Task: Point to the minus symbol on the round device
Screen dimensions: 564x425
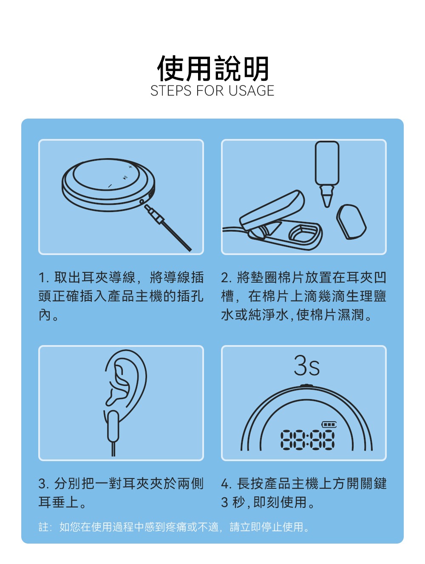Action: (109, 186)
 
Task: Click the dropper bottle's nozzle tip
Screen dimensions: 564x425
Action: (326, 200)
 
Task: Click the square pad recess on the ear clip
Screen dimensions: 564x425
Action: (303, 233)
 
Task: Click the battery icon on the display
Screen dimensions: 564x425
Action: (329, 424)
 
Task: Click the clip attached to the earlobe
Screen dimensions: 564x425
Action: (113, 426)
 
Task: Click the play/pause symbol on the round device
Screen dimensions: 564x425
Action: (124, 177)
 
